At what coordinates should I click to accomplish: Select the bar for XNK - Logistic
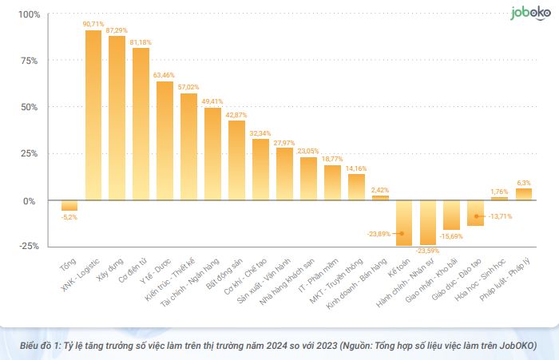click(93, 115)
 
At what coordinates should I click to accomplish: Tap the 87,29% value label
click(117, 30)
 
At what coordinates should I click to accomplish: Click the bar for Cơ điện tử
click(141, 124)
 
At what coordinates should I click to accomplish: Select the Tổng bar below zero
click(69, 205)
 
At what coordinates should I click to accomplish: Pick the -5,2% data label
click(69, 216)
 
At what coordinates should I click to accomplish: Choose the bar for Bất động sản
click(236, 160)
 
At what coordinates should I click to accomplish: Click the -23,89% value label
click(379, 234)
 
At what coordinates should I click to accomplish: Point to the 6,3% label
click(524, 182)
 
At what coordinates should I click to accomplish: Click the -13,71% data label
click(501, 216)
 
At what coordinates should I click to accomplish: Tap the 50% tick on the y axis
click(31, 107)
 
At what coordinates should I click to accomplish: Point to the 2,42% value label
click(380, 190)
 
